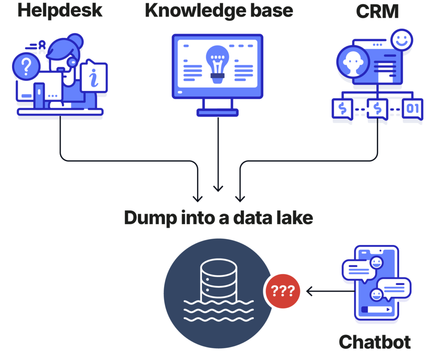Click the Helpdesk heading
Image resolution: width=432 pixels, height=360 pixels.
(60, 10)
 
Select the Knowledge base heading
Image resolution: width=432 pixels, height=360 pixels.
(219, 10)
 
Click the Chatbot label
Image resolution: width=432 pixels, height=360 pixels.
(375, 342)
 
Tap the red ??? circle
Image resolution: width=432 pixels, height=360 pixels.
(283, 291)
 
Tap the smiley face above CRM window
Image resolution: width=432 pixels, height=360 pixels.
(401, 40)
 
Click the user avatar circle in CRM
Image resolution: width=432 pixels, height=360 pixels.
(353, 63)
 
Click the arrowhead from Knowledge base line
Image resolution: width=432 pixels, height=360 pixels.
(218, 188)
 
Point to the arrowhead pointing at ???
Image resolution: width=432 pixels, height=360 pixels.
(308, 291)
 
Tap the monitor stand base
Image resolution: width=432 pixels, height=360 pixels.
(218, 112)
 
